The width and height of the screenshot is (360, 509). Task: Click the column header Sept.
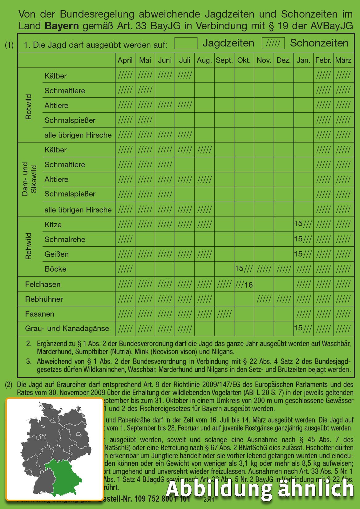pyautogui.click(x=224, y=60)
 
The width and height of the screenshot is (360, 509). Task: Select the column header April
pyautogui.click(x=125, y=60)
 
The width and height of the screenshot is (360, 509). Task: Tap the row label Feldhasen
pyautogui.click(x=43, y=284)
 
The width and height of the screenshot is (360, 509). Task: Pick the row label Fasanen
pyautogui.click(x=40, y=314)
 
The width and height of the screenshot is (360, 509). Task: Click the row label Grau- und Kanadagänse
pyautogui.click(x=67, y=329)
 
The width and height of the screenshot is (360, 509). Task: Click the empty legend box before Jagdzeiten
pyautogui.click(x=186, y=43)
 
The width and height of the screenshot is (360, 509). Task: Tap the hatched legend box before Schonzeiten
pyautogui.click(x=273, y=43)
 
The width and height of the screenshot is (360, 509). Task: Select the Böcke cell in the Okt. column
pyautogui.click(x=244, y=269)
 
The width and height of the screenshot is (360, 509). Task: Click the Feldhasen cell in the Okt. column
pyautogui.click(x=244, y=284)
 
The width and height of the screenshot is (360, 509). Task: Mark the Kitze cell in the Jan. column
pyautogui.click(x=303, y=224)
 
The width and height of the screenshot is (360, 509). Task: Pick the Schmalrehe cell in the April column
pyautogui.click(x=125, y=239)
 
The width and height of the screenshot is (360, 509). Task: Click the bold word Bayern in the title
pyautogui.click(x=62, y=26)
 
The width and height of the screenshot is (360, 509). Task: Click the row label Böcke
pyautogui.click(x=55, y=269)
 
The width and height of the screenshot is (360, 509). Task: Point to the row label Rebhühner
pyautogui.click(x=44, y=299)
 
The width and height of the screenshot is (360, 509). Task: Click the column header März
pyautogui.click(x=343, y=60)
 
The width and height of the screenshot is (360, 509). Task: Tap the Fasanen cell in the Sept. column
pyautogui.click(x=224, y=314)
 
